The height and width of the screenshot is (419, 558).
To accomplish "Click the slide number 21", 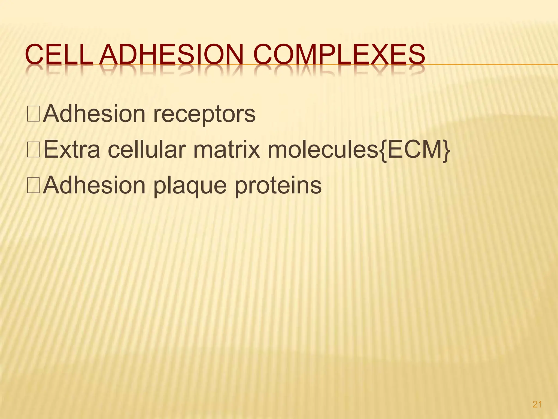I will (x=537, y=404).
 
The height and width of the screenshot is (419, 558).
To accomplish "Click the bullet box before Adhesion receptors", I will (x=34, y=114).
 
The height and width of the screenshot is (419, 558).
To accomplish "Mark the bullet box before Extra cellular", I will (x=34, y=150).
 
